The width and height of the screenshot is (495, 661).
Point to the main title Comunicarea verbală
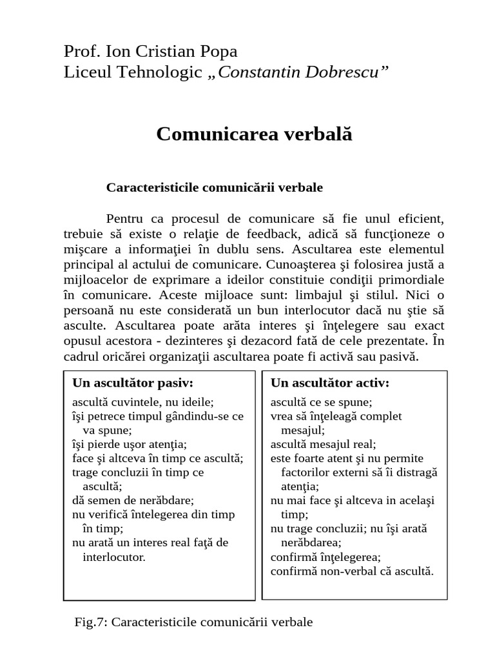(x=255, y=134)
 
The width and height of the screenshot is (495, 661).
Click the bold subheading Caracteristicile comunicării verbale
(x=214, y=188)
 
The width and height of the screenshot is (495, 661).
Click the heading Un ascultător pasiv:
(x=133, y=383)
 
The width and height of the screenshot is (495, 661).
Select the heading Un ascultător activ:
(x=330, y=383)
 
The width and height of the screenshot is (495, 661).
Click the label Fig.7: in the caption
(x=93, y=622)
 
